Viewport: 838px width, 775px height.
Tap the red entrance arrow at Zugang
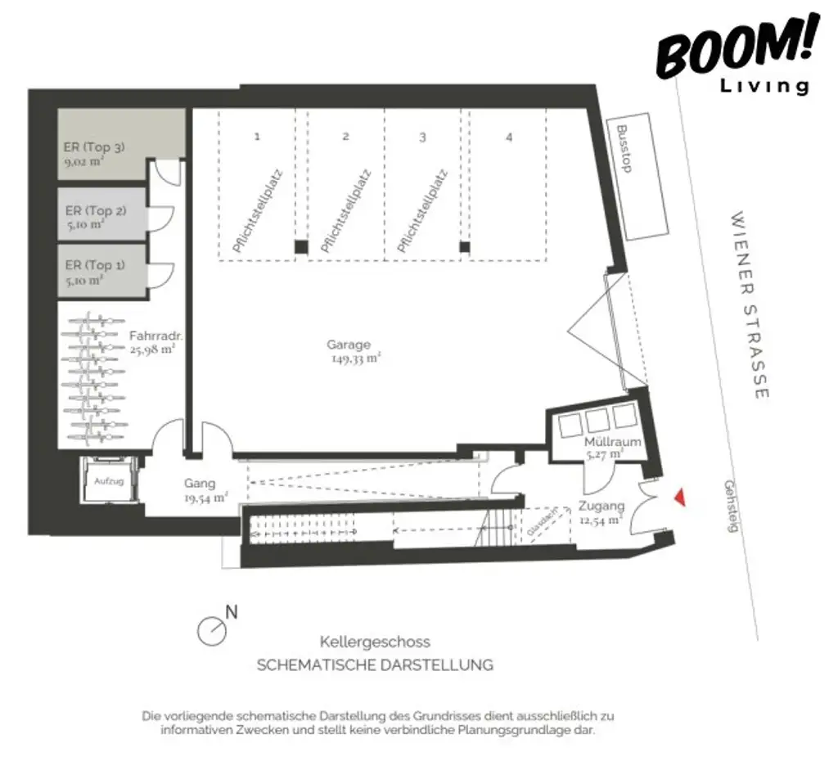click(678, 498)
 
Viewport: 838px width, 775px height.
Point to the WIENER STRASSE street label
click(750, 306)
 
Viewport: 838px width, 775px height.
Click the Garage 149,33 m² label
click(353, 351)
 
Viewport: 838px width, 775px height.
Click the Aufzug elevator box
click(109, 482)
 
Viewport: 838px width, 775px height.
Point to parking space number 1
click(257, 137)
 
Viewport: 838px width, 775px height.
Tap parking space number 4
click(509, 137)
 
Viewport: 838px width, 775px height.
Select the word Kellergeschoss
click(375, 642)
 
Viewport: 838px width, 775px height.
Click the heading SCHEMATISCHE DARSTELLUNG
click(375, 665)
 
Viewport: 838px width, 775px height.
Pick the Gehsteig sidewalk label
click(730, 505)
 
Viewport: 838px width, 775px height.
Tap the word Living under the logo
click(764, 86)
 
